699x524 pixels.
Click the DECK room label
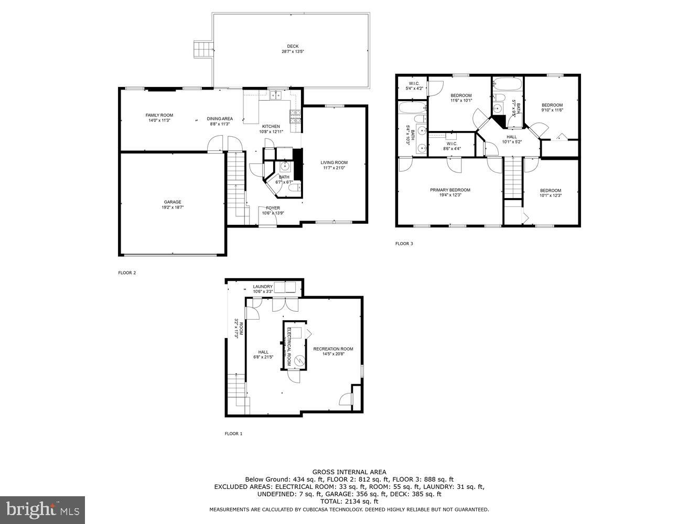tap(293, 46)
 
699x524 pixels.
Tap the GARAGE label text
tap(173, 202)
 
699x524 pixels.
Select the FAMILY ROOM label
tap(159, 115)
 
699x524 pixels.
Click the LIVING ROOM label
tap(334, 162)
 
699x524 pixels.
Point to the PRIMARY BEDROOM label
tap(450, 190)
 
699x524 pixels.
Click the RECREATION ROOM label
tap(333, 349)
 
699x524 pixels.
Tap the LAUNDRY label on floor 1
tap(263, 287)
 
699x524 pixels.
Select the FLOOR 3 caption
tap(404, 244)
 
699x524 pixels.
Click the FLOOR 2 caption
tap(127, 272)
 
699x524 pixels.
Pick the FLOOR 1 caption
tap(233, 433)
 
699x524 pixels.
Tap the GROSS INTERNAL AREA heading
tap(349, 472)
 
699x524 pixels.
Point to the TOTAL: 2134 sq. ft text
tap(349, 501)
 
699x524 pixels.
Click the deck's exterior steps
tap(202, 49)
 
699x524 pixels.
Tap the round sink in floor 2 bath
tap(285, 167)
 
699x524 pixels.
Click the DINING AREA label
tap(220, 119)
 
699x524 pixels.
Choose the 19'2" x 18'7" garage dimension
tap(173, 208)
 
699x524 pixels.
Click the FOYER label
tap(273, 208)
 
